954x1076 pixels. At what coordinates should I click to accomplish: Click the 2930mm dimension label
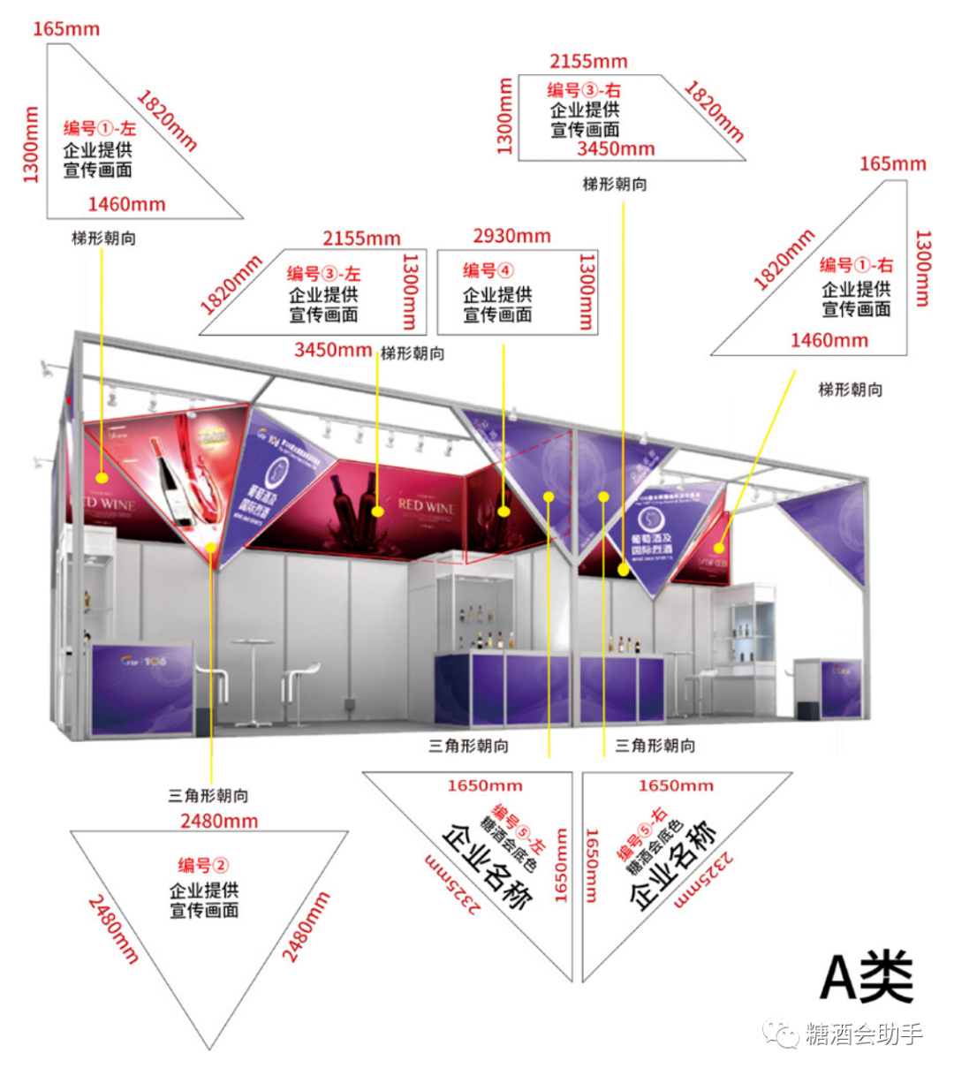pos(511,236)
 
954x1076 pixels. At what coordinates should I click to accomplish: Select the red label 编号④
pos(488,270)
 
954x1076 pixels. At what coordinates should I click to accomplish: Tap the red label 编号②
pos(203,865)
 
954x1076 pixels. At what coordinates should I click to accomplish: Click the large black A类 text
pos(867,977)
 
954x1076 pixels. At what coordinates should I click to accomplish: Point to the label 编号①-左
pos(99,129)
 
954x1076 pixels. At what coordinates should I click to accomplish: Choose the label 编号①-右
pos(855,265)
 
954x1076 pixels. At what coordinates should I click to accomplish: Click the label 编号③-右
pos(583,90)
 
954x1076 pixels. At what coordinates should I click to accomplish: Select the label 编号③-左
pos(323,274)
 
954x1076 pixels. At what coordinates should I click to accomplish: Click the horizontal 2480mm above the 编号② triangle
pos(219,821)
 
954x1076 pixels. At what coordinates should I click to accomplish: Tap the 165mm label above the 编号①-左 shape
pos(66,29)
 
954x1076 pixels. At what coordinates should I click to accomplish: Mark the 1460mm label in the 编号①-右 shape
pos(829,340)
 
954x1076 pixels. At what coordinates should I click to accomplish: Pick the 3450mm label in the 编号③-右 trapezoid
pos(616,149)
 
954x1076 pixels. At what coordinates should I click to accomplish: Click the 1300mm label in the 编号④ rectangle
pos(585,292)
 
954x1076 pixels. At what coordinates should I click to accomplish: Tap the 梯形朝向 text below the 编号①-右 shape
pos(850,390)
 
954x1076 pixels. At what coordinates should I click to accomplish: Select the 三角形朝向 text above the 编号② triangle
pos(208,795)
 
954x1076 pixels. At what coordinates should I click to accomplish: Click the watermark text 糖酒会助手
pos(863,1034)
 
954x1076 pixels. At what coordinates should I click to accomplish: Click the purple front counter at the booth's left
pos(141,689)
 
